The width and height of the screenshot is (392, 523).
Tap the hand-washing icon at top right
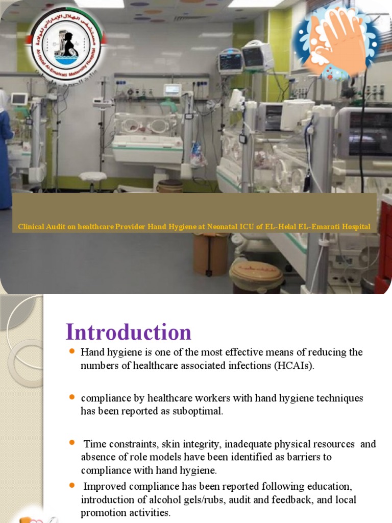[336, 40]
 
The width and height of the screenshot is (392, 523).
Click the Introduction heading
[129, 332]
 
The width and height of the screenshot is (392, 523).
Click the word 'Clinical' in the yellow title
[32, 227]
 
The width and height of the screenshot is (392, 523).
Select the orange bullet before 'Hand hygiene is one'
[71, 352]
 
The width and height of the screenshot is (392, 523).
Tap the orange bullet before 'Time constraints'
[71, 443]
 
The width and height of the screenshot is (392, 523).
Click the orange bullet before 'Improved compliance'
[71, 485]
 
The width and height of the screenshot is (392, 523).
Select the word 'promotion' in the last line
[104, 513]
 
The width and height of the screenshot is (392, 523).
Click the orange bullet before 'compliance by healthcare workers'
[71, 397]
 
